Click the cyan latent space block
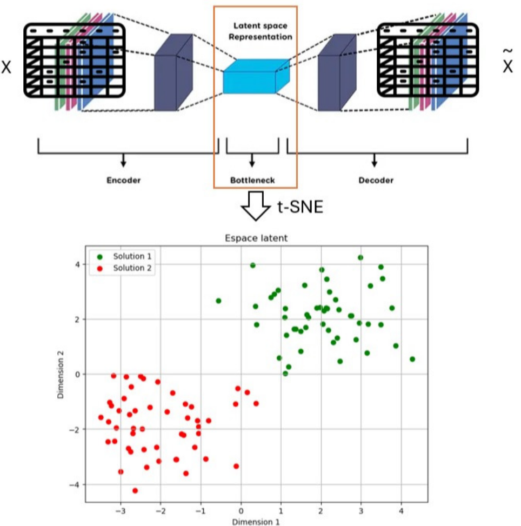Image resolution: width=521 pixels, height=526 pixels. point(256,76)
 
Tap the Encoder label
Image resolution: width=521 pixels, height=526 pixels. point(123,180)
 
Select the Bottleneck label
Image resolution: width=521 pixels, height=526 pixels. point(252,180)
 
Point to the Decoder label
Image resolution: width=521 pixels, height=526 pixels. point(376,180)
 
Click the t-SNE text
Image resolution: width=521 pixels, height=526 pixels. point(300,207)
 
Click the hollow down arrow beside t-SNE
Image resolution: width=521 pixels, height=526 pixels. point(256,205)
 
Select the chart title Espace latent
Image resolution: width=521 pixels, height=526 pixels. point(256,238)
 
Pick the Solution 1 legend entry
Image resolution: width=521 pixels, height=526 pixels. point(124,257)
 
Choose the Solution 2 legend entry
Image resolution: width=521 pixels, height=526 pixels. point(124,268)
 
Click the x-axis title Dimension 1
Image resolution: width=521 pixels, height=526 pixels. point(256,522)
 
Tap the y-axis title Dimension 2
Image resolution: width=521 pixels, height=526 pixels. point(61,375)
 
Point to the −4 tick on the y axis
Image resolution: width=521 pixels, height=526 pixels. point(75,485)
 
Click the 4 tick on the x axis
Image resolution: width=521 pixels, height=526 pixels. point(401,511)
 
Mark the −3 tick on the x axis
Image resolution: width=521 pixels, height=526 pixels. point(121,511)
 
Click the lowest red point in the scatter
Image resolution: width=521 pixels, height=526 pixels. point(135,490)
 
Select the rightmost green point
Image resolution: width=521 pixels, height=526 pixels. point(412,359)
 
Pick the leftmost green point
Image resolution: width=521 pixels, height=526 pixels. point(218,301)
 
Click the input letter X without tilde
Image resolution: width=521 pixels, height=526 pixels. point(6,67)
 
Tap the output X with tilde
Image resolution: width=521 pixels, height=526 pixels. point(507,62)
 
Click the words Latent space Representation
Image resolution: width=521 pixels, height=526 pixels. point(260,31)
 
